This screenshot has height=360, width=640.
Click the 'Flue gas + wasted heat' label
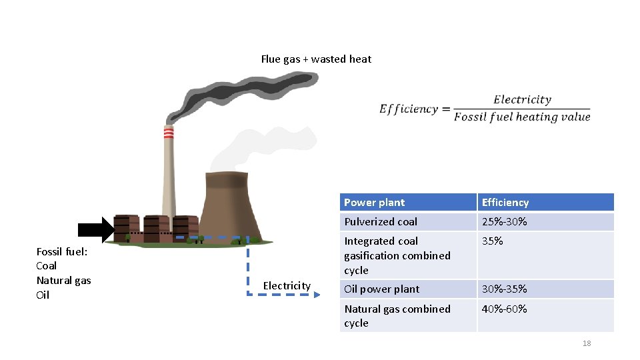tap(316, 59)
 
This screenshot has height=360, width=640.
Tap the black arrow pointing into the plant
tap(96, 230)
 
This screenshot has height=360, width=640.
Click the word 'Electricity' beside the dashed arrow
tap(287, 286)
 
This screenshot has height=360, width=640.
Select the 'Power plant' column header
tap(374, 203)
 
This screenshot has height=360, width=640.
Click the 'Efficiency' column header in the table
tap(505, 203)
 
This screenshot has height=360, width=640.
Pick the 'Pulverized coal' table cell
tap(381, 222)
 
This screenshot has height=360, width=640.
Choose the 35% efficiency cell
tap(492, 241)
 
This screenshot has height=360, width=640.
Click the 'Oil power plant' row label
tap(381, 289)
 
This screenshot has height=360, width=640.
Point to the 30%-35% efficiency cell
tap(504, 289)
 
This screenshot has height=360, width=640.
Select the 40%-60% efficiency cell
tap(504, 309)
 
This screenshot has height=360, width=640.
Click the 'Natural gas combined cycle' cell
tap(397, 316)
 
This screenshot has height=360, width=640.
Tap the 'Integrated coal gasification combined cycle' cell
tap(397, 256)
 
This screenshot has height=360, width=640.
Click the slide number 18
tap(587, 343)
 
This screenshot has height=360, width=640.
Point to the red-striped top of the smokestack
tap(169, 133)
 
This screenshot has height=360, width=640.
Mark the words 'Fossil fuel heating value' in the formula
tap(522, 117)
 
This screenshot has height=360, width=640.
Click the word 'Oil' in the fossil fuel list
tap(43, 295)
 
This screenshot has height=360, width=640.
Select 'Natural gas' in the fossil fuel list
tap(63, 281)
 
